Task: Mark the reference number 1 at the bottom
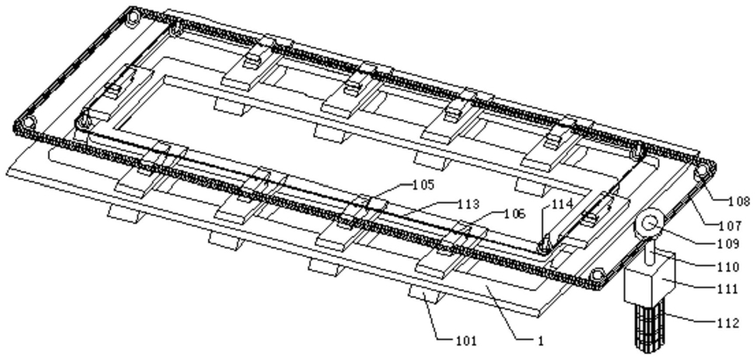coord(540,341)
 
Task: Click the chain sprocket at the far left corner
coord(29,121)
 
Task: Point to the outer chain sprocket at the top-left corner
coord(131,17)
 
